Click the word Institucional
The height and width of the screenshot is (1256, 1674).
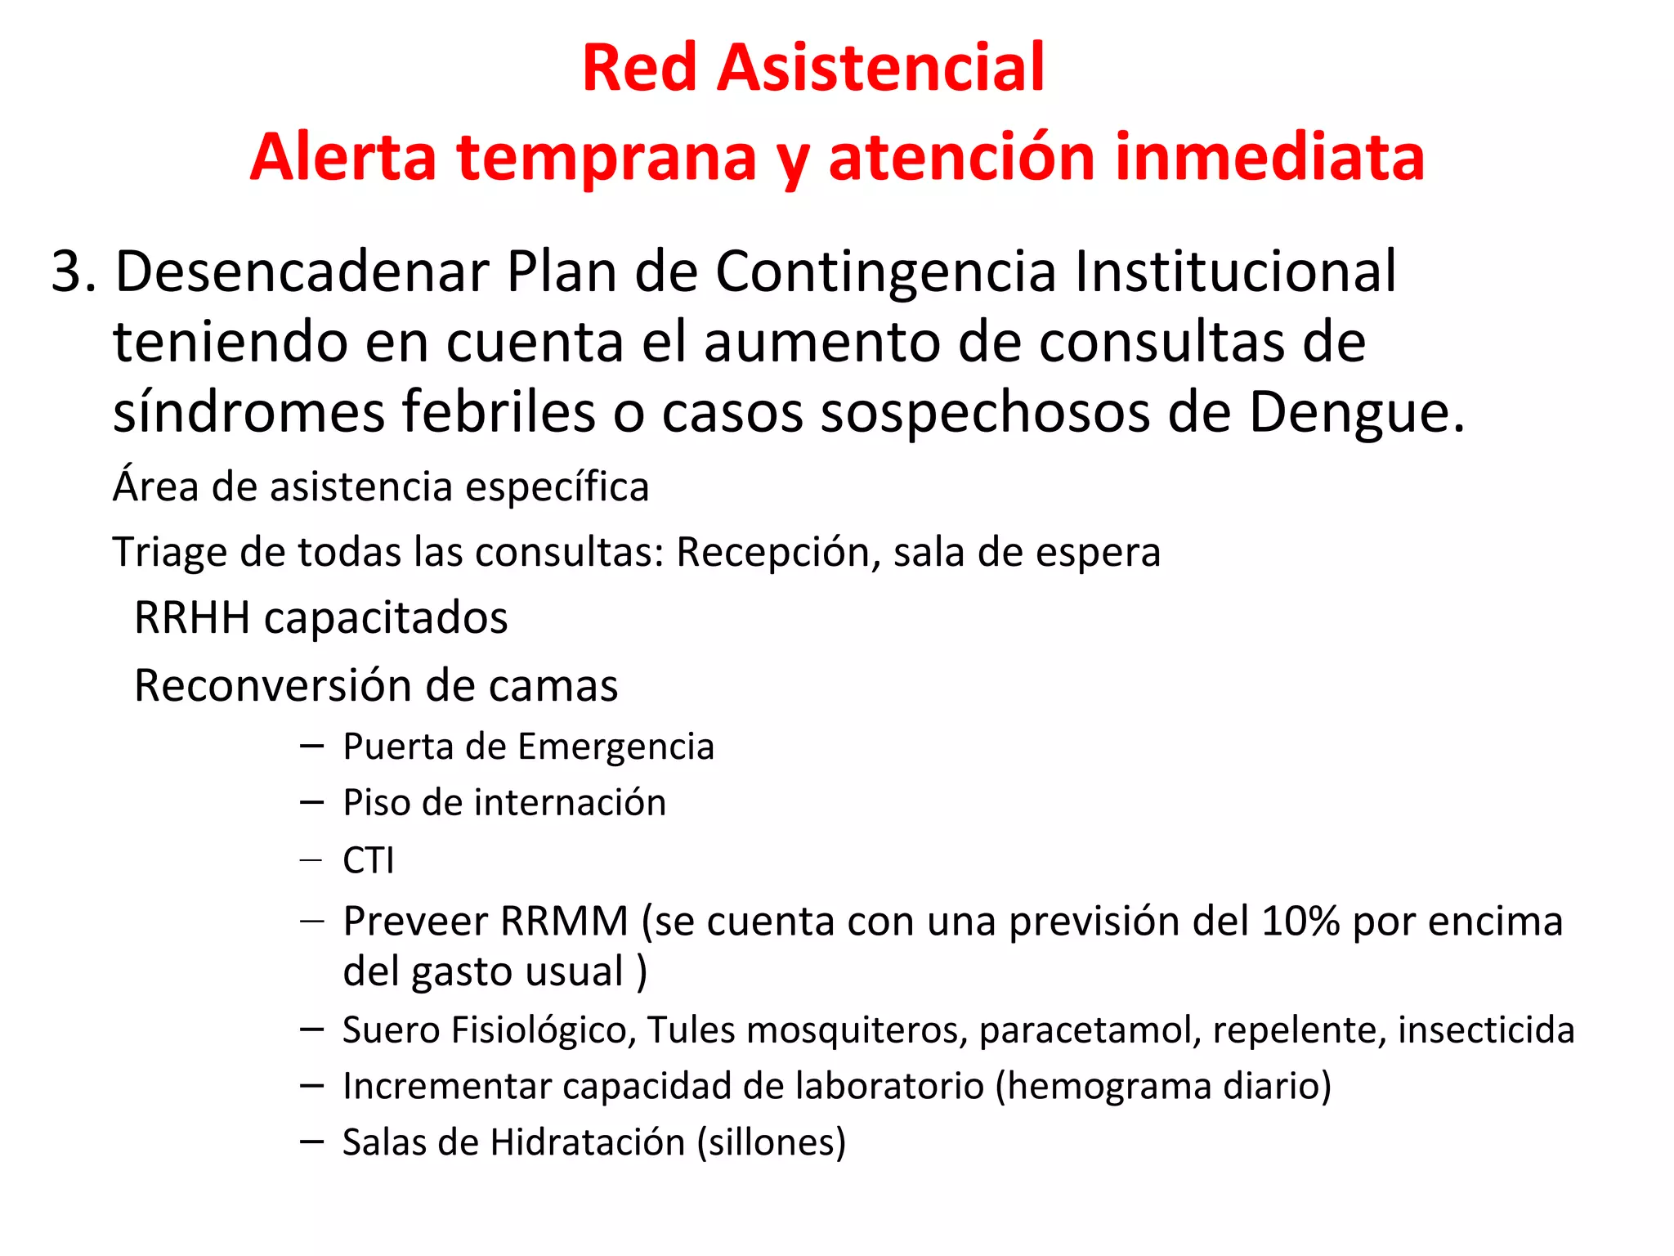1235,271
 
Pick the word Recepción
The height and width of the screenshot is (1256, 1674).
777,553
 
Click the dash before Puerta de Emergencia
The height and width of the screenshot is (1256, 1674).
312,746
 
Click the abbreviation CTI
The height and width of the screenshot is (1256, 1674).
368,860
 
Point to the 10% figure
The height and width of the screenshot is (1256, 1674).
1300,922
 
